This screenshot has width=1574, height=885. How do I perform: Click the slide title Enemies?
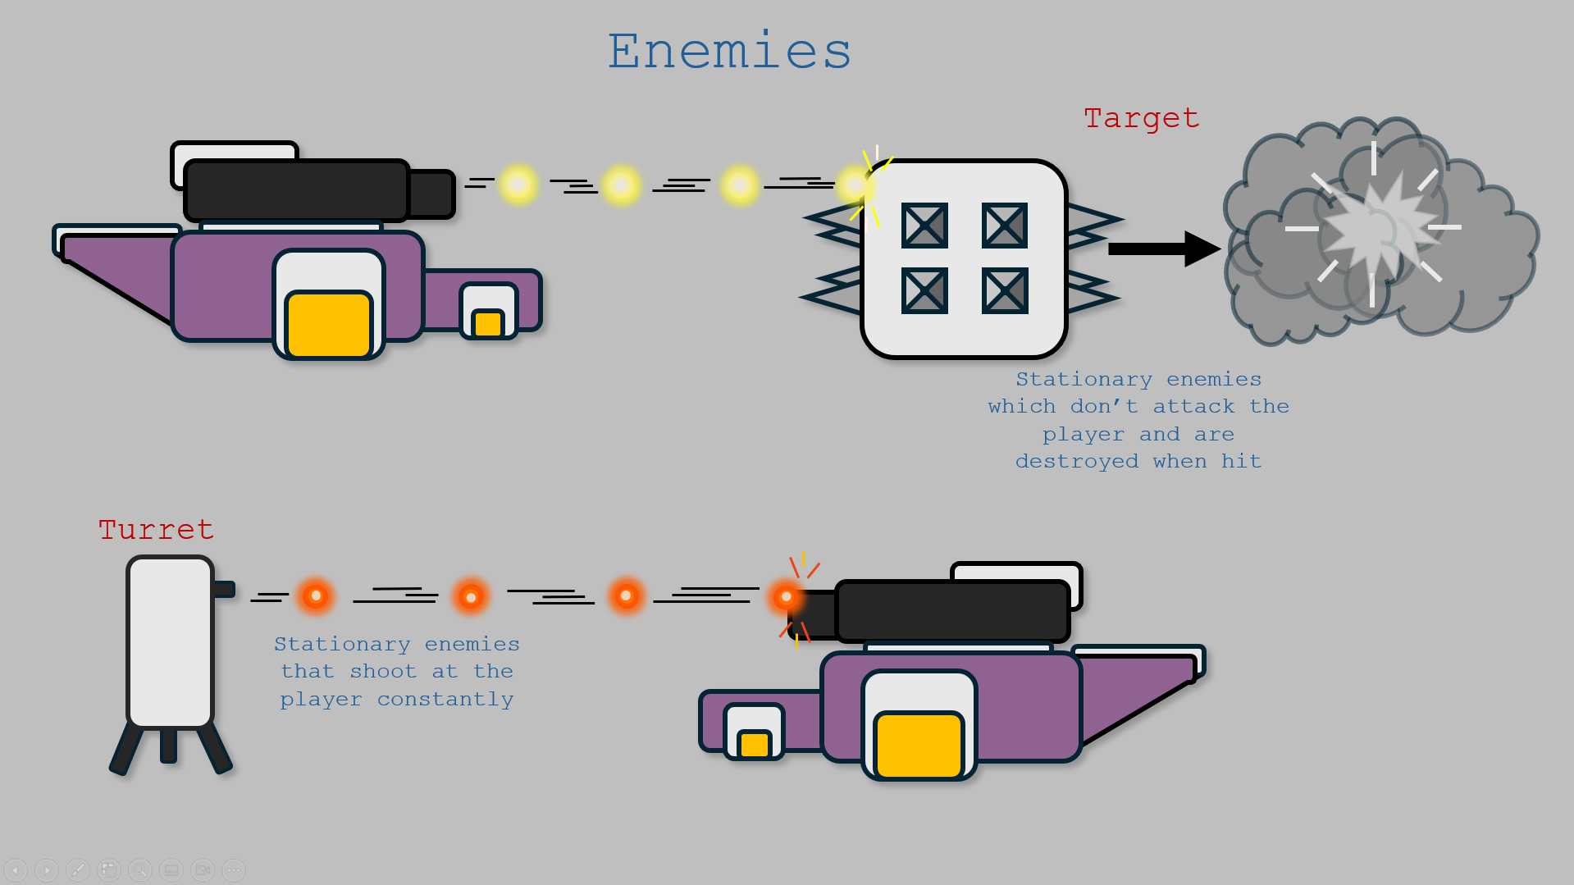(x=729, y=51)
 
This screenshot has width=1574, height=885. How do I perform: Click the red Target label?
(x=1141, y=118)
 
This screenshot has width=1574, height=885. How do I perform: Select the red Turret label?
(x=156, y=530)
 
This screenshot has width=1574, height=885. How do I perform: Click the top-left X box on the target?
(x=924, y=226)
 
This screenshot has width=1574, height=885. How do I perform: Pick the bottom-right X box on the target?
(x=1005, y=290)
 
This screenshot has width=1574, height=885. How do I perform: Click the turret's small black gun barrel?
(x=224, y=589)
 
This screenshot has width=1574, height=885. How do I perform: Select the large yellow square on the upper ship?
(x=329, y=324)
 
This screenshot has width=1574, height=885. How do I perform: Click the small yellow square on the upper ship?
(x=488, y=323)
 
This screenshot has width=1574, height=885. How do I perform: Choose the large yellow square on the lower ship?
(x=919, y=745)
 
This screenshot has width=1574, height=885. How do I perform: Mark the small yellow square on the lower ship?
(x=754, y=744)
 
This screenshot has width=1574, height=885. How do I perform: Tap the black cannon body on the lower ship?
(x=952, y=611)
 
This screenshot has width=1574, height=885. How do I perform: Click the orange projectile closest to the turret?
(x=316, y=595)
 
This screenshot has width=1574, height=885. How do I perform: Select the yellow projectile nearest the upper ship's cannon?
(x=518, y=185)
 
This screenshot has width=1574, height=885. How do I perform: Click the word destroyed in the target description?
(x=1076, y=462)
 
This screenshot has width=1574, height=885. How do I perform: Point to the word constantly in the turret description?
(x=445, y=700)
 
